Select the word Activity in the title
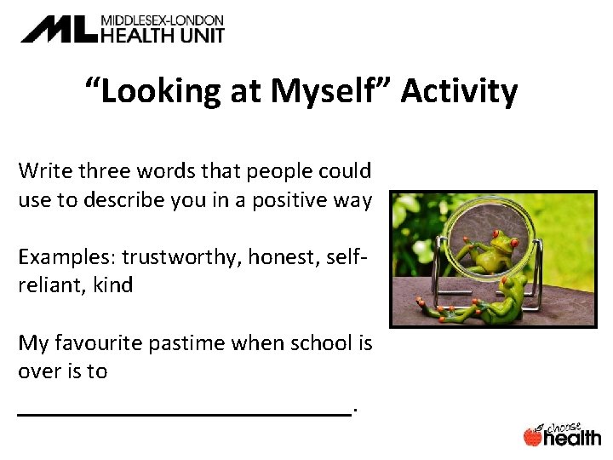[459, 90]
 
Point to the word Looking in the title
[158, 90]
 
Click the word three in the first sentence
[103, 170]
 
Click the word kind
[114, 285]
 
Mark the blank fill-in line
[184, 412]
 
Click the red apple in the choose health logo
[533, 437]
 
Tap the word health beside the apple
[572, 438]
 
